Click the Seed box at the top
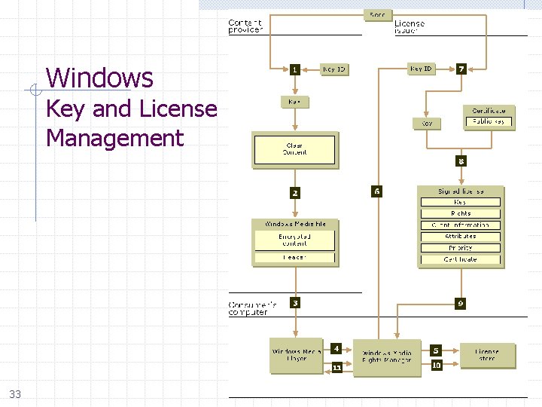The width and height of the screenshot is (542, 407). click(377, 14)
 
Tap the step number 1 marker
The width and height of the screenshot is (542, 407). click(295, 69)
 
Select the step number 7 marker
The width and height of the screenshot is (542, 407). click(461, 69)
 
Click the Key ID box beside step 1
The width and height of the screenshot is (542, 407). click(333, 69)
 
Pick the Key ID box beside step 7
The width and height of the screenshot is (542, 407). click(422, 69)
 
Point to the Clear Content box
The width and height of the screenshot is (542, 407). click(294, 149)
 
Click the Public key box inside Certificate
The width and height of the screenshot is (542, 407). click(489, 121)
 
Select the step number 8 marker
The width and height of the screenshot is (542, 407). click(461, 161)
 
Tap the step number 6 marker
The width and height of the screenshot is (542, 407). click(377, 191)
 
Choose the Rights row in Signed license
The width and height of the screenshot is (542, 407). click(460, 213)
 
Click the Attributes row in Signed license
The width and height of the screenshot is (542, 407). click(460, 236)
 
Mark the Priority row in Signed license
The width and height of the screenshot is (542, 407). click(460, 247)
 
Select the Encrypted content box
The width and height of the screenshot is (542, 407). click(294, 240)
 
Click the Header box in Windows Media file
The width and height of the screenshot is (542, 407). click(294, 258)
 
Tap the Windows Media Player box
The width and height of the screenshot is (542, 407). click(296, 356)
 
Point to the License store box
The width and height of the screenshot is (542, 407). click(486, 354)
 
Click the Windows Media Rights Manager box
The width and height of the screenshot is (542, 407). click(387, 357)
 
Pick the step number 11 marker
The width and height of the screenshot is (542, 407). click(336, 367)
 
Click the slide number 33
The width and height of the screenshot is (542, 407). click(16, 393)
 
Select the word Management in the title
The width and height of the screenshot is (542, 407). click(114, 138)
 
